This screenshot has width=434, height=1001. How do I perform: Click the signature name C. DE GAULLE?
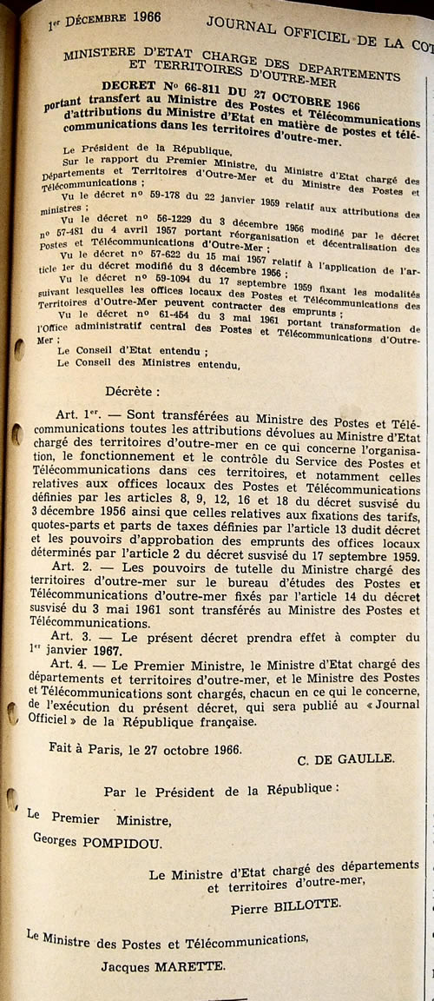coord(345,759)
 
